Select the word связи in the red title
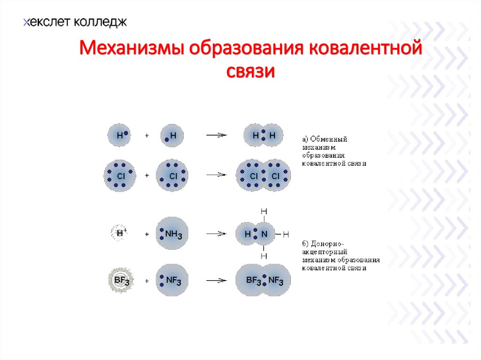pos(250,71)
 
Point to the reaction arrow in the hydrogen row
pos(216,135)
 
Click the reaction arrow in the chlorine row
pos(216,175)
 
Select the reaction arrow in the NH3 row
pos(216,233)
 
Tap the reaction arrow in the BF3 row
pos(216,281)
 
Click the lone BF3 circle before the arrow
pos(121,280)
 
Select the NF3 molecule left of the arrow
pos(172,280)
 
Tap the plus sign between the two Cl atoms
pos(147,176)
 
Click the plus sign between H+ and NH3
pos(147,234)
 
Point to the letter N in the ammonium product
pos(264,233)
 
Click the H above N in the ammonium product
pos(264,212)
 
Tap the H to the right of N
pos(286,234)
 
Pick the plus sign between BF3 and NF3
pos(147,281)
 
